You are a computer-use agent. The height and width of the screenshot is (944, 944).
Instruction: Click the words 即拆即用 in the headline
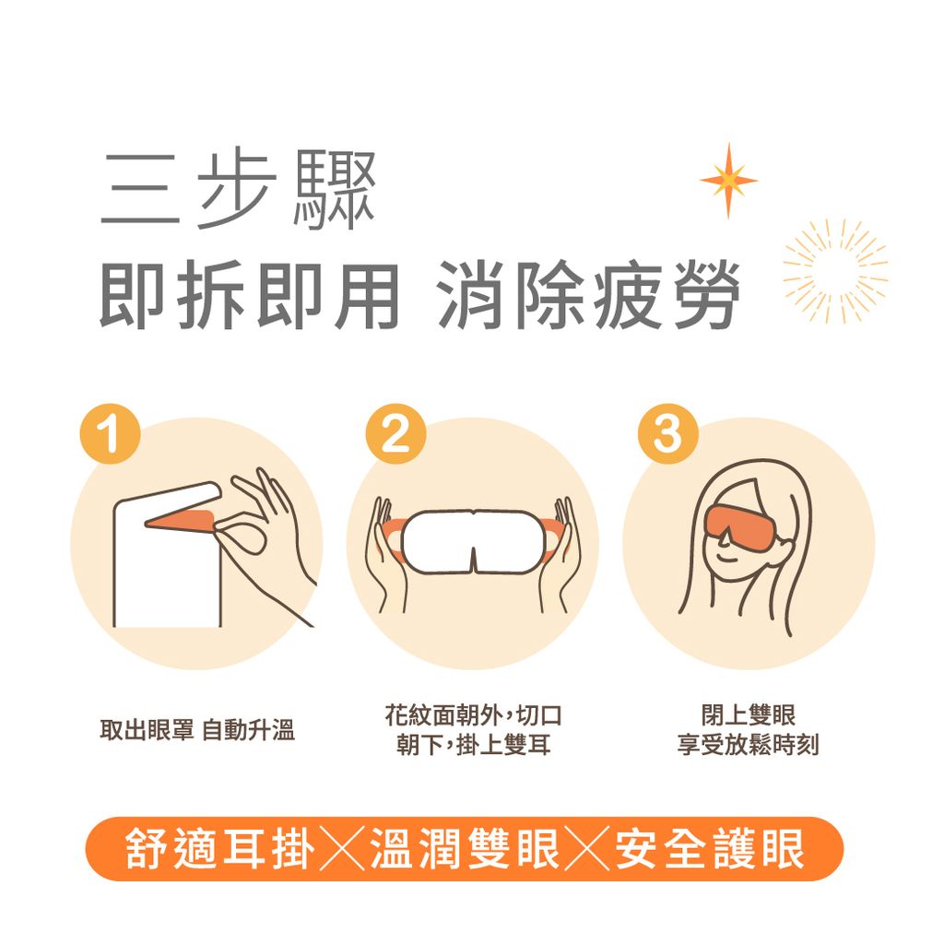tap(249, 295)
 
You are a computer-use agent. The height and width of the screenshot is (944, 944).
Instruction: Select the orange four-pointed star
tap(728, 181)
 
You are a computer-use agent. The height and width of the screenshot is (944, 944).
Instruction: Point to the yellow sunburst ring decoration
tap(835, 271)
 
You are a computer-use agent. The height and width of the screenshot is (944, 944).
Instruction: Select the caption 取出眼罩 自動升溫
tap(197, 732)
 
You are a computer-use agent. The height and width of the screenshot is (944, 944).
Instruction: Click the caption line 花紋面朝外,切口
tap(473, 715)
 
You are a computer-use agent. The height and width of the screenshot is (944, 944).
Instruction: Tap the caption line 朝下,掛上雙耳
tap(473, 745)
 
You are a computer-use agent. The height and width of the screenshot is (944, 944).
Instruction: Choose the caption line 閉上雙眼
tap(748, 715)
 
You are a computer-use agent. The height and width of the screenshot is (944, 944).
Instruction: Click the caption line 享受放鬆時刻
tap(748, 745)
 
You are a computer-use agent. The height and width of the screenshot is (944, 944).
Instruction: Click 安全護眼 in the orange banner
tap(709, 849)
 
